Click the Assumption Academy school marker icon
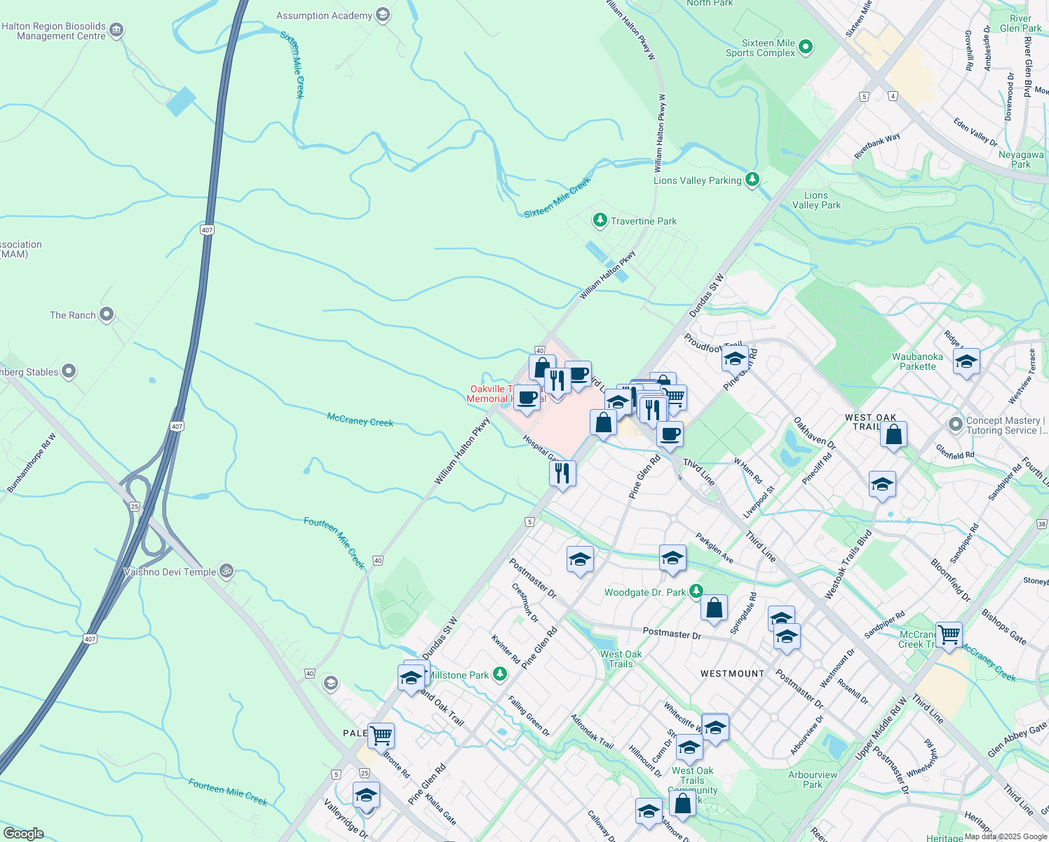[x=383, y=15]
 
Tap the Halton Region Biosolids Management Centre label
[x=54, y=31]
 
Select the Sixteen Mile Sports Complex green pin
[x=806, y=47]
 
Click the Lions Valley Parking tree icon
[x=752, y=180]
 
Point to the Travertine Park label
[x=643, y=221]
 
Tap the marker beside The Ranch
[x=107, y=314]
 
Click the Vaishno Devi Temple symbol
[x=226, y=571]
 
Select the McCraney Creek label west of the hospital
[x=360, y=420]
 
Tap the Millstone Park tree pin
[x=500, y=674]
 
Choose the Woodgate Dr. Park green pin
[x=696, y=592]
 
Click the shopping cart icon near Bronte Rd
[x=381, y=736]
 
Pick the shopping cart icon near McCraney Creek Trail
[x=949, y=634]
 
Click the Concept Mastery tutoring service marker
[x=955, y=424]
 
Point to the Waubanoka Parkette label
[x=917, y=361]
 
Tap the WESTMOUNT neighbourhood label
[x=732, y=674]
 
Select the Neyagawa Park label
[x=1021, y=159]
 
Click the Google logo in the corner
[x=23, y=834]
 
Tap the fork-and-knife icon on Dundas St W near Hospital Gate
[x=562, y=474]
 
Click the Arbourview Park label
[x=813, y=780]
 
